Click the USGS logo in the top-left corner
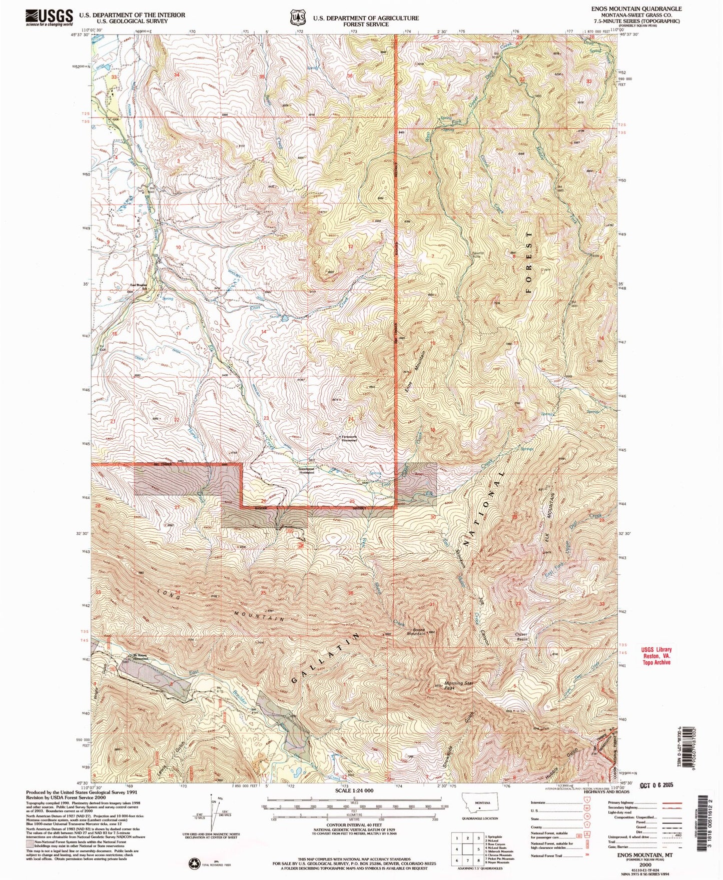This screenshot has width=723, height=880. pos(49,18)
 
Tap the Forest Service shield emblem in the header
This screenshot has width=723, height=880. pos(298,18)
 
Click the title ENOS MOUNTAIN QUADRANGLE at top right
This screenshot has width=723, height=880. pos(636,9)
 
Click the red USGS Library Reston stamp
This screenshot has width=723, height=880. pos(657,656)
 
